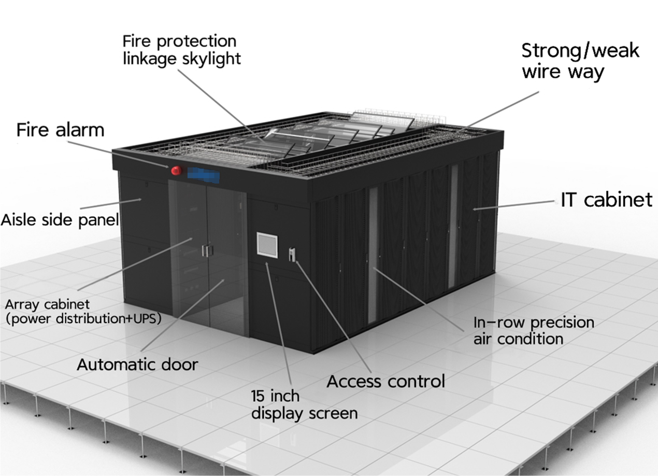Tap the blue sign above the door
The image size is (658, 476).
203,175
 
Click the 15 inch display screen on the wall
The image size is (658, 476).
267,245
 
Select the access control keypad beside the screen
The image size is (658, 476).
292,254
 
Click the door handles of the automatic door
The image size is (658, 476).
207,251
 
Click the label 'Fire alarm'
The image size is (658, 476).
60,130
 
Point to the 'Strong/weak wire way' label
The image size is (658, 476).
580,61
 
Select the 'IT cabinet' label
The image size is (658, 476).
606,200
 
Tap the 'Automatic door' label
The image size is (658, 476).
137,365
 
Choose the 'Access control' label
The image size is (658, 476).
386,382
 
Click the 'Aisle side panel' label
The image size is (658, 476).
59,219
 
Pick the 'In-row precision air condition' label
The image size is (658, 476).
534,330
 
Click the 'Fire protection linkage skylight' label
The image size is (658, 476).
181,49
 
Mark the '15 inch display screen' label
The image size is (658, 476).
304,405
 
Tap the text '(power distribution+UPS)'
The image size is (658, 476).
83,318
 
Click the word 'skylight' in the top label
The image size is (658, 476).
211,58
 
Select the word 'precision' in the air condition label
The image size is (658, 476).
562,323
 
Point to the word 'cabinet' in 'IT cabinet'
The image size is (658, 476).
619,200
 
